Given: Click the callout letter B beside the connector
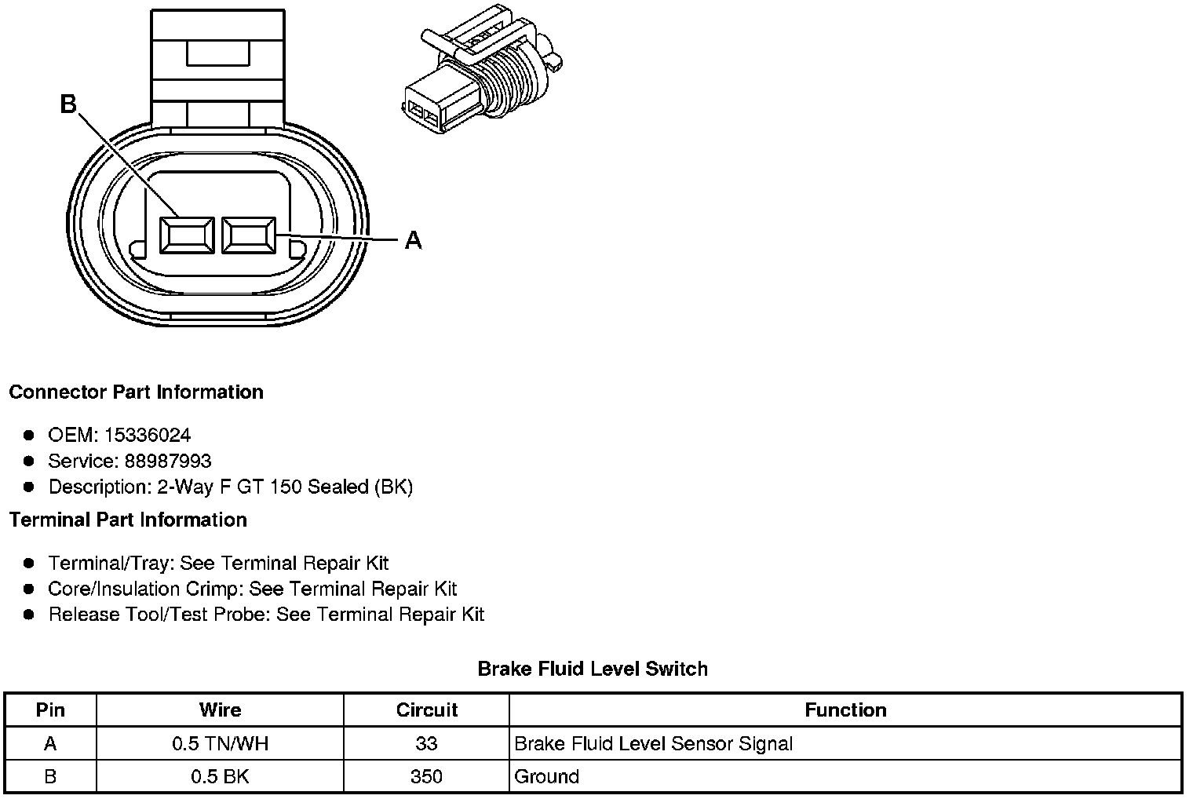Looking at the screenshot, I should point(69,104).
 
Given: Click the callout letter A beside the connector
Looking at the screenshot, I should point(414,240).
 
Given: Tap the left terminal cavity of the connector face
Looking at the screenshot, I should point(186,235).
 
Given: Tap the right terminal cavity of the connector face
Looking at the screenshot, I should point(248,235).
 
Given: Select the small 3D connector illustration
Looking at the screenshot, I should point(482,72).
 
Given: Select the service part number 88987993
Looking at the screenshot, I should point(168,461).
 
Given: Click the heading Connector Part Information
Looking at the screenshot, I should point(136,392).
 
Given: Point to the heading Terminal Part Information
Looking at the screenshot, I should point(128,520).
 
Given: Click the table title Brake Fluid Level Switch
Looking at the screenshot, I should point(593,669).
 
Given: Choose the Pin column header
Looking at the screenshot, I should point(50,710).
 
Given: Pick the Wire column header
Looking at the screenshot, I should point(220,710).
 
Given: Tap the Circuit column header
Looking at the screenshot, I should point(426,710).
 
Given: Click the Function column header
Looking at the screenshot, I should point(845,710).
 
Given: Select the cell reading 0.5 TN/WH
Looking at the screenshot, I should point(220,743).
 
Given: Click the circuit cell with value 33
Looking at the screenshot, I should point(426,743).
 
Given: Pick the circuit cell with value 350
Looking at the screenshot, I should point(426,776).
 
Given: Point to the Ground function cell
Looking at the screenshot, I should point(547,776).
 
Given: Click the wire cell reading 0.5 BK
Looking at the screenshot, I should point(220,776).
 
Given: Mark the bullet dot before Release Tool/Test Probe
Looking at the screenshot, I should point(29,614).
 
